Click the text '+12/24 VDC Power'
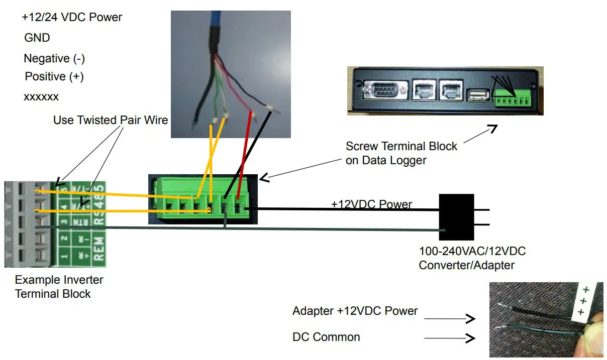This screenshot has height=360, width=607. point(72,18)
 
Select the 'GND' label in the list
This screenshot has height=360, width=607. point(37,38)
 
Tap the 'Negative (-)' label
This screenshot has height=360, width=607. point(54,59)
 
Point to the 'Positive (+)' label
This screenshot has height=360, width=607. point(54,77)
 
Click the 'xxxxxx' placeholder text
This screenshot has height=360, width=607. point(41,96)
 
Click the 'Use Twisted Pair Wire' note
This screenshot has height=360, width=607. point(111,121)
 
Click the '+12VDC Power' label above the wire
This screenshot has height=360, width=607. point(371,204)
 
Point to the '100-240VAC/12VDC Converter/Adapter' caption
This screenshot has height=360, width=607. point(472,258)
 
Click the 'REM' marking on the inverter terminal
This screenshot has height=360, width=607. point(98,249)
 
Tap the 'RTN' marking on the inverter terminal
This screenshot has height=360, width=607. point(77,221)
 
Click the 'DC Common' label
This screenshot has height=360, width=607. point(326,337)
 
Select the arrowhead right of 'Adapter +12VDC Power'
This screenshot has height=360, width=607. point(470,318)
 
